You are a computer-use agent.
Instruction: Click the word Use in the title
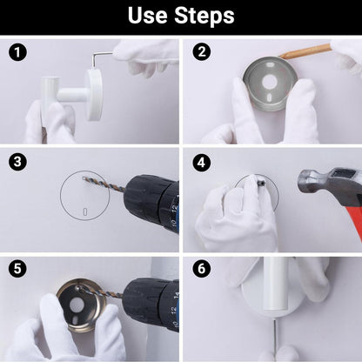pyautogui.click(x=148, y=16)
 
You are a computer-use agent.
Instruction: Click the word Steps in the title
pyautogui.click(x=204, y=17)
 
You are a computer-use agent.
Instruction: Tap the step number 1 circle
pyautogui.click(x=17, y=52)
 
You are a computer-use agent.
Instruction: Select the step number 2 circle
pyautogui.click(x=202, y=51)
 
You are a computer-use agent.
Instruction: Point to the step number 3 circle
pyautogui.click(x=17, y=161)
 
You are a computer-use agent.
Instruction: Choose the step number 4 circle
pyautogui.click(x=202, y=163)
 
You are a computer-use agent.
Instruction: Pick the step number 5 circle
pyautogui.click(x=17, y=268)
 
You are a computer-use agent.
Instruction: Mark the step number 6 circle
pyautogui.click(x=202, y=268)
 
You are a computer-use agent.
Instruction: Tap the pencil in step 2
pyautogui.click(x=305, y=50)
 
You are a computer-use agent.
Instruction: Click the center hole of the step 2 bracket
pyautogui.click(x=271, y=82)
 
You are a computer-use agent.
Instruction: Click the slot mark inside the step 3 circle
pyautogui.click(x=85, y=211)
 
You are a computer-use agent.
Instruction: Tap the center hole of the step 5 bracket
pyautogui.click(x=76, y=305)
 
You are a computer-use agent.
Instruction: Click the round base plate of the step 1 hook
pyautogui.click(x=94, y=95)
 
